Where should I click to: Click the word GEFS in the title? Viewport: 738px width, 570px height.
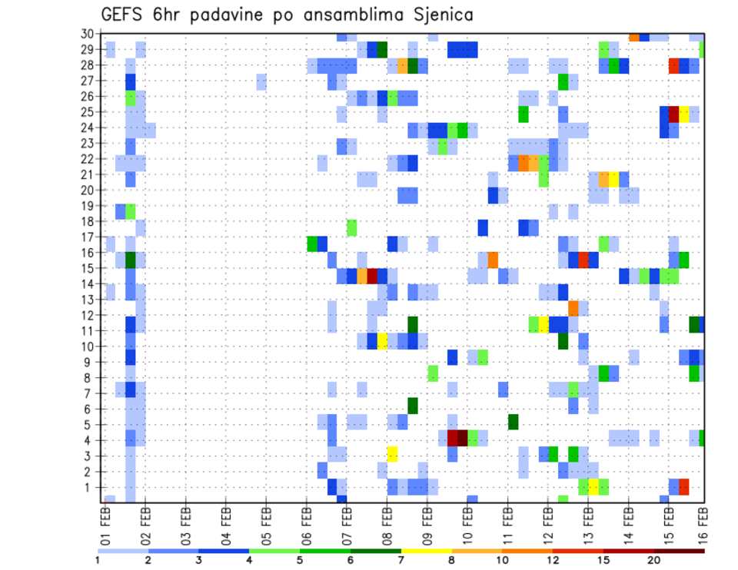[x=123, y=15]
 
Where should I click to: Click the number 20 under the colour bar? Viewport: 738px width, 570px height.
[x=654, y=560]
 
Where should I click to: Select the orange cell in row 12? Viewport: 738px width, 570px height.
[x=573, y=308]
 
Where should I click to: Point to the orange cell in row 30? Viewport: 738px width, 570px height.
[x=633, y=37]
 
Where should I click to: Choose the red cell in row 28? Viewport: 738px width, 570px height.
[x=674, y=66]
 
